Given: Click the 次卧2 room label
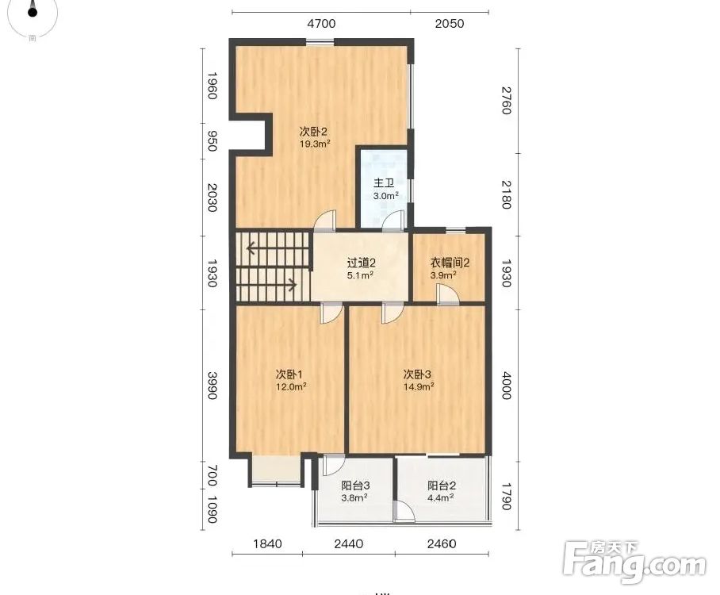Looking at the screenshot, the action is click(x=313, y=132).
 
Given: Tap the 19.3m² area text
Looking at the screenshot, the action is click(x=315, y=144).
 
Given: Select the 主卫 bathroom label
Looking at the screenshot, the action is click(x=384, y=183).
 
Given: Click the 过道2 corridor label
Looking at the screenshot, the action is click(x=361, y=263).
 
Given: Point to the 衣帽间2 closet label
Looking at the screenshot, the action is click(x=450, y=263).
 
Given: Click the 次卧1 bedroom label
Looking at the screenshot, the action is click(x=289, y=374).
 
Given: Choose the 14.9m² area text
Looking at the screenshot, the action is click(x=419, y=386).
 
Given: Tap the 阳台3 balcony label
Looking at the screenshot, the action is click(x=355, y=486).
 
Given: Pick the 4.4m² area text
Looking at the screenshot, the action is click(x=441, y=497).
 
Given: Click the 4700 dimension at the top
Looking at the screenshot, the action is click(x=321, y=24).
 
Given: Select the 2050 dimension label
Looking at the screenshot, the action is click(x=450, y=24).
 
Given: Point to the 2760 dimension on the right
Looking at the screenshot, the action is click(x=506, y=101).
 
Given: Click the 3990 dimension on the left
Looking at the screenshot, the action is click(x=212, y=386).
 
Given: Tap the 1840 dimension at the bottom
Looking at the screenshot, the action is click(x=268, y=544).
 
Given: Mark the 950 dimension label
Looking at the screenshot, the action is click(x=212, y=141).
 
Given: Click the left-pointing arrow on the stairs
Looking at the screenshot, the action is click(x=257, y=248).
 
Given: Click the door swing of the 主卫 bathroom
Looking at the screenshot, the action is click(x=394, y=219).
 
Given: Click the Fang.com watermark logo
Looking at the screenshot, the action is click(x=634, y=562).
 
